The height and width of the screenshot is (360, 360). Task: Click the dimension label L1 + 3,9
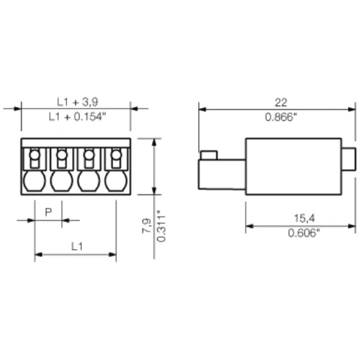click(x=76, y=102)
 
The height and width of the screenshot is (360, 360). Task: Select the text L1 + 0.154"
click(x=76, y=117)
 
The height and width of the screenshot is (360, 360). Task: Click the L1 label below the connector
click(x=76, y=246)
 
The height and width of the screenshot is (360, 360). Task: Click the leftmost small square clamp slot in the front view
click(x=35, y=156)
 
